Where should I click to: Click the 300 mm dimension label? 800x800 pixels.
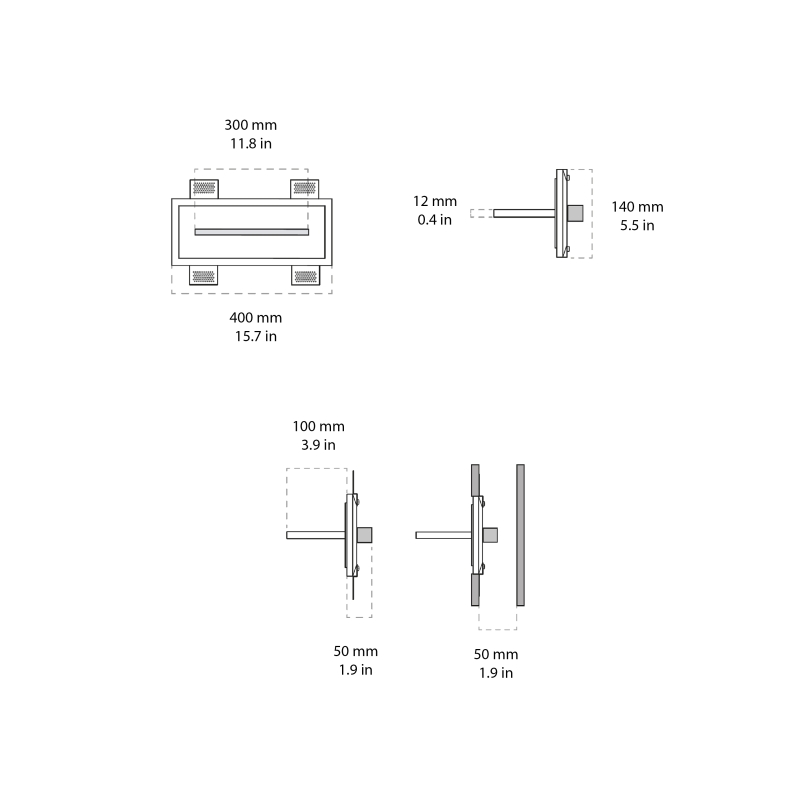click(x=250, y=125)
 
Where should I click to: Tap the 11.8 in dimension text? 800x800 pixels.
click(x=250, y=143)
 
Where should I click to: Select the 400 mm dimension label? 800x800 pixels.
click(x=255, y=318)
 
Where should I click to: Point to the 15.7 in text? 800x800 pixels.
click(x=255, y=336)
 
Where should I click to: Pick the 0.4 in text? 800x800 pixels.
click(x=435, y=219)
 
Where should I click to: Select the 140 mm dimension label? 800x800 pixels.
click(x=637, y=207)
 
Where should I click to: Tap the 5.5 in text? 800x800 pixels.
click(x=637, y=225)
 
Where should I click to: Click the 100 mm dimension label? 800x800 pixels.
click(x=318, y=426)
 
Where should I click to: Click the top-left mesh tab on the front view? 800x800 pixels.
click(x=204, y=188)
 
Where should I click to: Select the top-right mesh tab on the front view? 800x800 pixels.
click(x=305, y=188)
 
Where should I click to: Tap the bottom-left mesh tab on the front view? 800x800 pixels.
click(x=204, y=276)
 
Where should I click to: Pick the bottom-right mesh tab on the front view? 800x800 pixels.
click(x=305, y=276)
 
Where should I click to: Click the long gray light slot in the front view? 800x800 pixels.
click(x=251, y=232)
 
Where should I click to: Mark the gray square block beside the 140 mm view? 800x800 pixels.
click(x=575, y=212)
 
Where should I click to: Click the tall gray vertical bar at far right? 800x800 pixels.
click(x=520, y=534)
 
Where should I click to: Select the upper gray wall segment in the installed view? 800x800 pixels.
click(x=476, y=482)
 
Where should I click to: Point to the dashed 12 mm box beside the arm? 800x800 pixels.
click(x=481, y=212)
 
